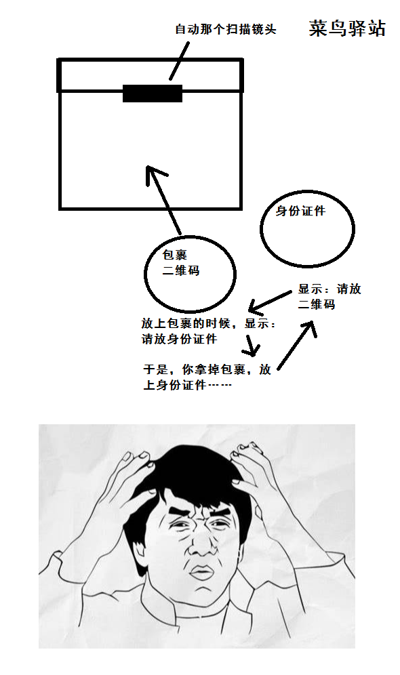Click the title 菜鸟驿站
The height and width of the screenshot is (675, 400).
[347, 29]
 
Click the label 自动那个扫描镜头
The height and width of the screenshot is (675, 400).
[226, 29]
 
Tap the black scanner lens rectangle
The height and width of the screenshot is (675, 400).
[153, 94]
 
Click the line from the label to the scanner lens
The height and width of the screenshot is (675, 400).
[179, 61]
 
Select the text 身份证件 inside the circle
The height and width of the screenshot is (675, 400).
[300, 211]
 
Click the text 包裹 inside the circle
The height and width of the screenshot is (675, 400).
[175, 255]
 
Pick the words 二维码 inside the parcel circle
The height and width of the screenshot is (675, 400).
[181, 271]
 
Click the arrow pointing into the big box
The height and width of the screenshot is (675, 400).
[163, 200]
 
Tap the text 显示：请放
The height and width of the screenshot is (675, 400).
[329, 289]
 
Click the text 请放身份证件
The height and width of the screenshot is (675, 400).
[179, 339]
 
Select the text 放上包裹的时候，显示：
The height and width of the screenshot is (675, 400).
[209, 323]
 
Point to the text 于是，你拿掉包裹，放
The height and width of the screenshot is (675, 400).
[207, 369]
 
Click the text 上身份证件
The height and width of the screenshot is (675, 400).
[175, 385]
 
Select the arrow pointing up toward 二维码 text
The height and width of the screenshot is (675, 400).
[297, 344]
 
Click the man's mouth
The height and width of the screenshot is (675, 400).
[201, 573]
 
